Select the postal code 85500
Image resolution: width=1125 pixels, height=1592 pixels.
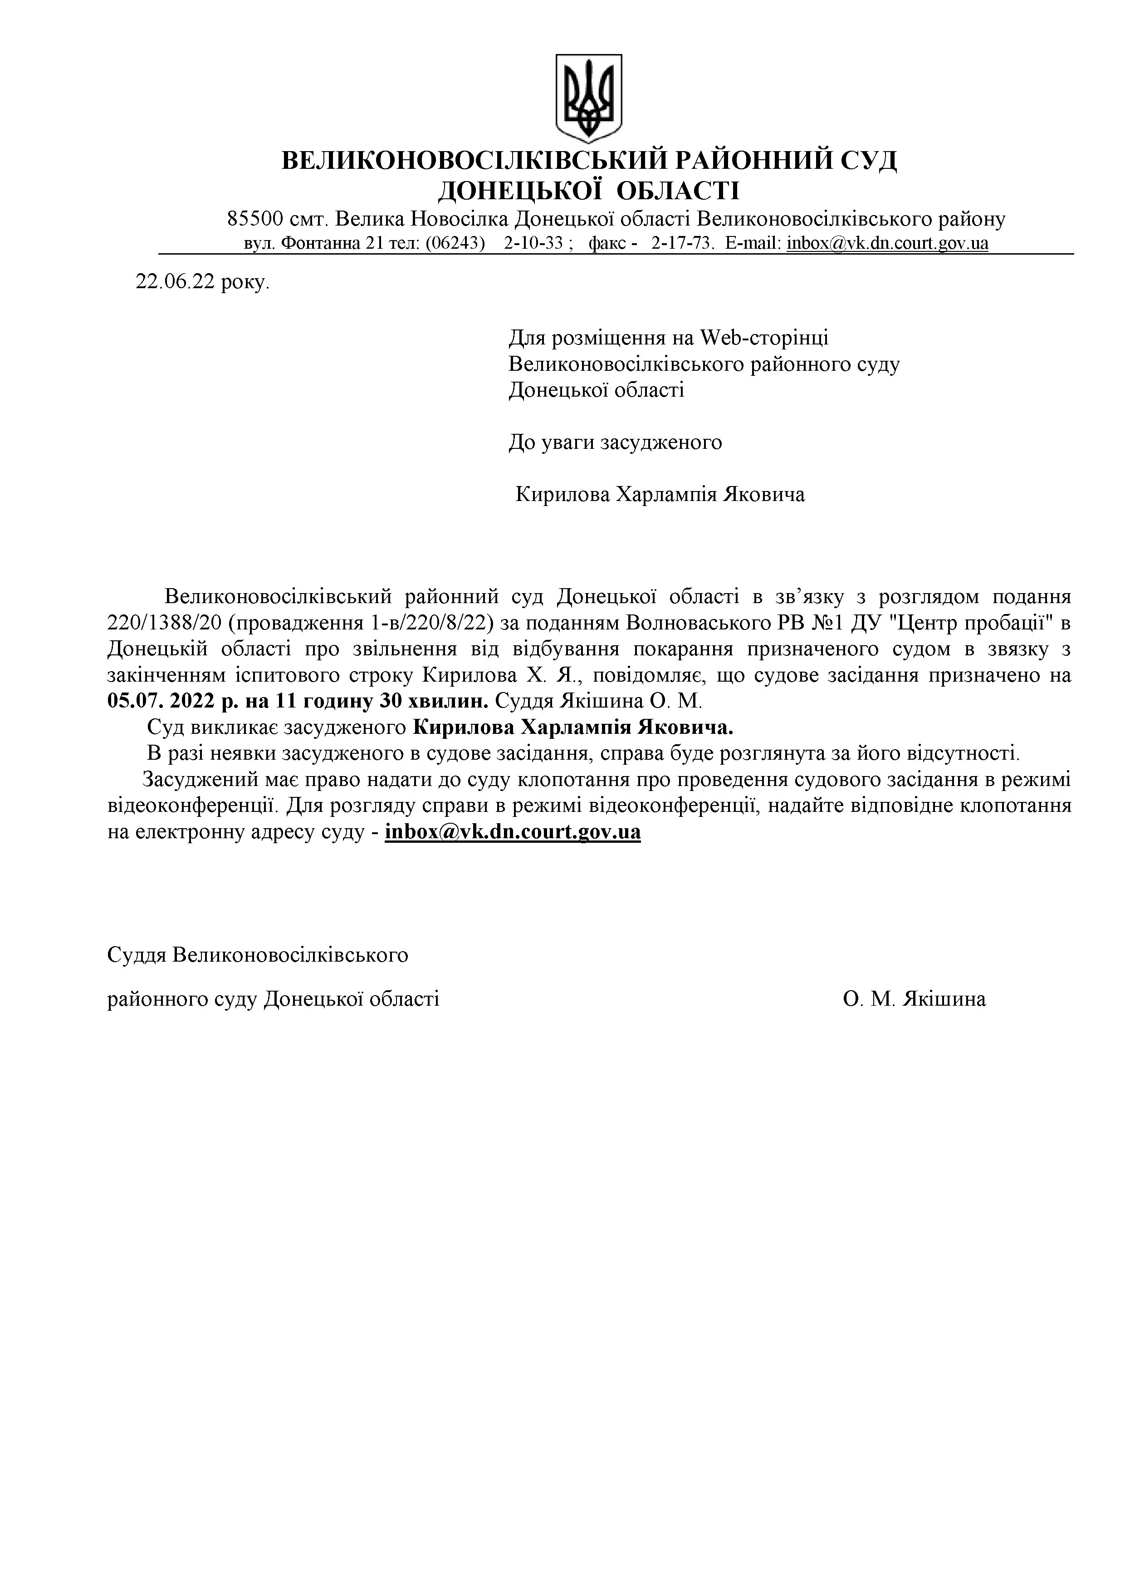point(255,220)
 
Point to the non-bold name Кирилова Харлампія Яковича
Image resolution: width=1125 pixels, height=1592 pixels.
point(660,494)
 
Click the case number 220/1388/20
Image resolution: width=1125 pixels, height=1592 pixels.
point(164,623)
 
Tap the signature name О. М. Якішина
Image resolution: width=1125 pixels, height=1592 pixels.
point(914,999)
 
